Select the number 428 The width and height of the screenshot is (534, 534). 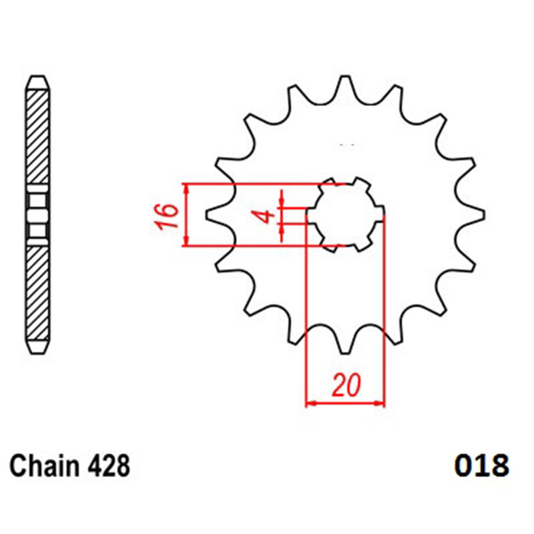(x=109, y=465)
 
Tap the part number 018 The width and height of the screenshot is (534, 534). (x=481, y=465)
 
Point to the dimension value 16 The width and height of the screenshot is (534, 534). (x=168, y=215)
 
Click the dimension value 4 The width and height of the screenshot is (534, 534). (x=268, y=216)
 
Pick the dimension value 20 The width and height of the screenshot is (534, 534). (x=346, y=385)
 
